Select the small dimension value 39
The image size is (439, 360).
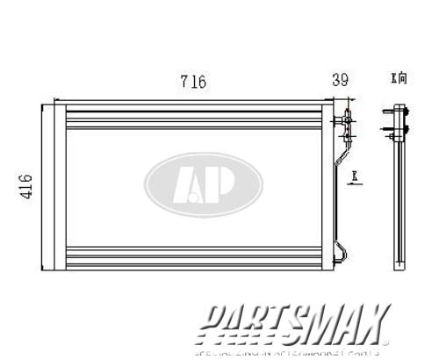tap(340, 80)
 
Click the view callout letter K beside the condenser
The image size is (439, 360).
tap(354, 177)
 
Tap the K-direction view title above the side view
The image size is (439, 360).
tap(399, 79)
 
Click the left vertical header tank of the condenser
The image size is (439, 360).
tap(54, 186)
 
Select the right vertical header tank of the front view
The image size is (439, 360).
tap(327, 186)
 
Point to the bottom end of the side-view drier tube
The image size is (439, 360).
tap(400, 263)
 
